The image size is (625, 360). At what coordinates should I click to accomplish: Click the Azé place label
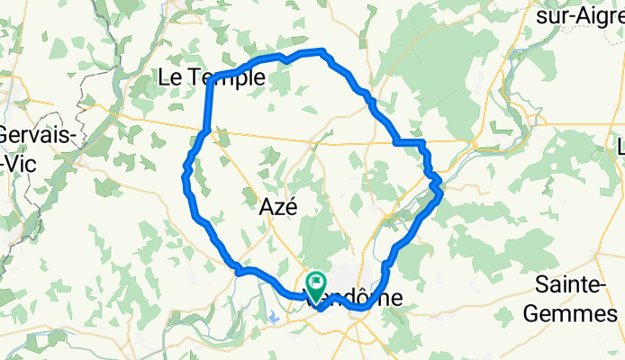[278, 207]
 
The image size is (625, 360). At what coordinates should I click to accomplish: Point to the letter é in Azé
[291, 207]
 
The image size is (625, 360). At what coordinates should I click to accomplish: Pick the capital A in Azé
[267, 207]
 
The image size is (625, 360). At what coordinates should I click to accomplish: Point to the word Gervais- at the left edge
[36, 133]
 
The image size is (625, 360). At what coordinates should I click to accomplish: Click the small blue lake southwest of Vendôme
[273, 316]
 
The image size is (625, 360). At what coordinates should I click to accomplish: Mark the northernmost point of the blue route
[320, 51]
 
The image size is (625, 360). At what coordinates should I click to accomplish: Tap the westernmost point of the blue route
[186, 169]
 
